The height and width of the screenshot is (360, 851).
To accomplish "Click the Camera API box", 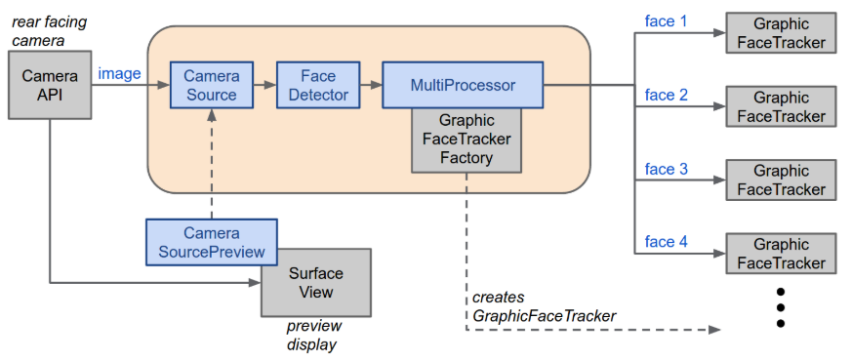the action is (50, 85).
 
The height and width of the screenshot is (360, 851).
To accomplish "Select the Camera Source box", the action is (212, 85).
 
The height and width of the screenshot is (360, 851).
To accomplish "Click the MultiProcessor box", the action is (463, 85).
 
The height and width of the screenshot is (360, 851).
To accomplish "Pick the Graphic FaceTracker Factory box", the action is (466, 140).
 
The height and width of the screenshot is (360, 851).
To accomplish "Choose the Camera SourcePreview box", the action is (212, 242).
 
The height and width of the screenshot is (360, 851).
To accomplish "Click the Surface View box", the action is (316, 283).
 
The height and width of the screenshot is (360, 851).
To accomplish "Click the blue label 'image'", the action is (119, 74).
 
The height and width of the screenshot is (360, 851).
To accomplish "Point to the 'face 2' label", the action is (666, 95).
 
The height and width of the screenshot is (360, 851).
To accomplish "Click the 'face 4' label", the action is (666, 241).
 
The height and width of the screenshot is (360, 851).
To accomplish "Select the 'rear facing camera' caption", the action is (50, 31).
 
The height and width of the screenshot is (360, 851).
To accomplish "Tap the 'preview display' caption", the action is (314, 335).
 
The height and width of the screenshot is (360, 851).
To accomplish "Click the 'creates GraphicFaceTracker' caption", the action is (545, 306).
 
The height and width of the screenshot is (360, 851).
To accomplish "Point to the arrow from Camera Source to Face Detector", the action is (264, 85).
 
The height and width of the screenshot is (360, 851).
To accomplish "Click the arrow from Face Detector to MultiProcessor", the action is (371, 85).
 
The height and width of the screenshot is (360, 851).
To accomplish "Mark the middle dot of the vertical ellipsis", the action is (781, 307).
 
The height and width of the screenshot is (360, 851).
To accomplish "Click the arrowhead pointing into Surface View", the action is (255, 283).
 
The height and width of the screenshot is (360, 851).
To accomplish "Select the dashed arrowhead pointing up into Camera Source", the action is (212, 114).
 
